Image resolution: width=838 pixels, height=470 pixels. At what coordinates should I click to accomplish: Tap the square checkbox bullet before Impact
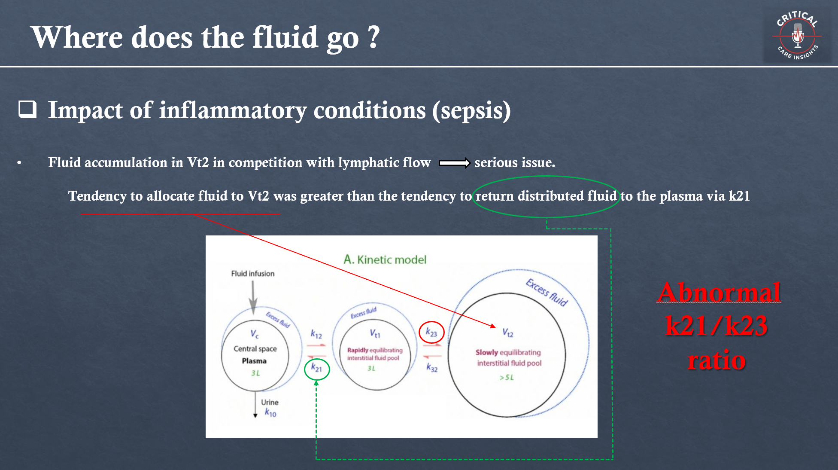point(27,109)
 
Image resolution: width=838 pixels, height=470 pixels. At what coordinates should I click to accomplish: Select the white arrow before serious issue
point(454,163)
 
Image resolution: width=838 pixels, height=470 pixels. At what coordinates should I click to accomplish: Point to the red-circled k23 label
point(431,332)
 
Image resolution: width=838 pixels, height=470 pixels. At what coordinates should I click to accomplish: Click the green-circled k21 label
point(316,368)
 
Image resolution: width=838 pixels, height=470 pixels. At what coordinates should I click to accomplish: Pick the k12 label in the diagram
point(316,334)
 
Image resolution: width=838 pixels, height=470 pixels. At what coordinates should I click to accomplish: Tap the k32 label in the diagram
point(432,368)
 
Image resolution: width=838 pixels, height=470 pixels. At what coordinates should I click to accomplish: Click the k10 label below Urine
point(270,413)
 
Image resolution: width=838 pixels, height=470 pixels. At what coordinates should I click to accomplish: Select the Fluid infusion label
point(252,274)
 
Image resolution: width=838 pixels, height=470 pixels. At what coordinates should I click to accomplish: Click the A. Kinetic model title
point(385,259)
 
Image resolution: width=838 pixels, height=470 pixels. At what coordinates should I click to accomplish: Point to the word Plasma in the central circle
point(254,361)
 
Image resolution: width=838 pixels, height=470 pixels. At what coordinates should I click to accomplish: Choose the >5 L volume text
point(507,377)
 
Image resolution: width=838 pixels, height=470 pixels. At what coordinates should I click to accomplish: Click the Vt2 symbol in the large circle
point(508,333)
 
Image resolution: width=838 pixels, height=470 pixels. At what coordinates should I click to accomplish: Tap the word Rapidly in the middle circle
point(358,350)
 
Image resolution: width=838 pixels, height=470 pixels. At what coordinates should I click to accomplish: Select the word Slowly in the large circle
point(486,352)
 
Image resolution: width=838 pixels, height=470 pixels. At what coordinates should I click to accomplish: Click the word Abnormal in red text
point(719,293)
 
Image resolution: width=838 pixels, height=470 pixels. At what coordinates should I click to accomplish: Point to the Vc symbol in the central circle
point(255,334)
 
